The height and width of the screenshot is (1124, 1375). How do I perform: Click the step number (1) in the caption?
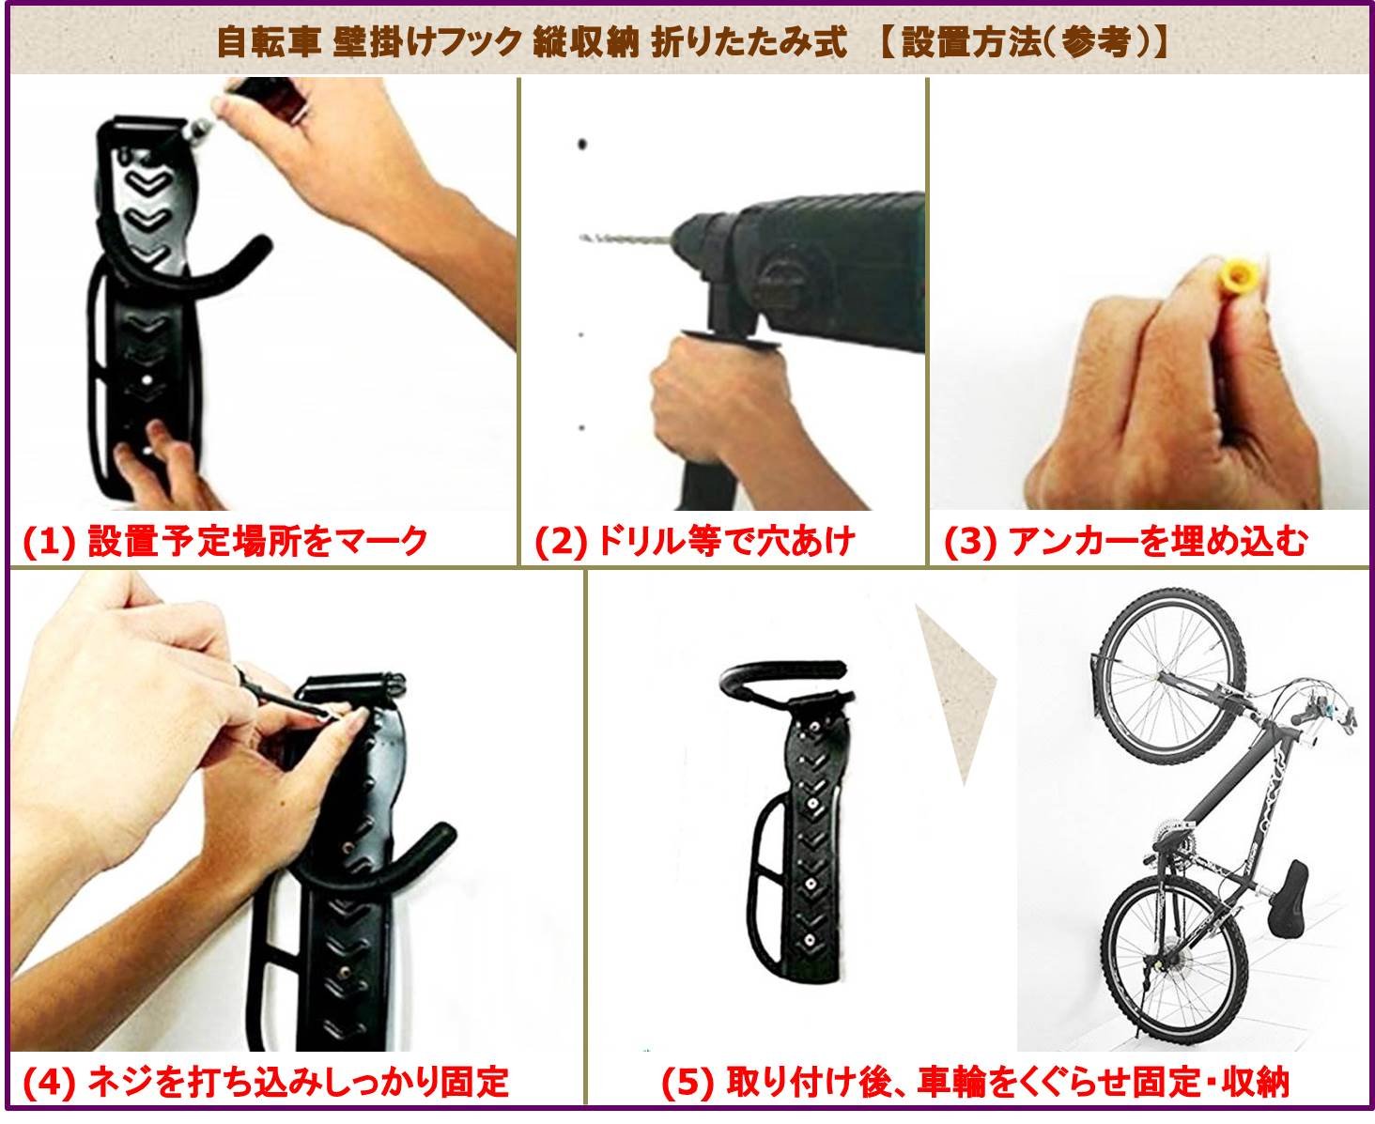tap(48, 543)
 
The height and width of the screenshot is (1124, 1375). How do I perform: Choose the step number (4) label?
tap(48, 1083)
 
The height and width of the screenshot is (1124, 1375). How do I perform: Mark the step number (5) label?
tap(687, 1083)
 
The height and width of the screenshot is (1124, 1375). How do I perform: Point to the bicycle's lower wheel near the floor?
tap(1171, 959)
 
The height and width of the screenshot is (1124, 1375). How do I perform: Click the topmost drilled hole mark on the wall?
tap(582, 144)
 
